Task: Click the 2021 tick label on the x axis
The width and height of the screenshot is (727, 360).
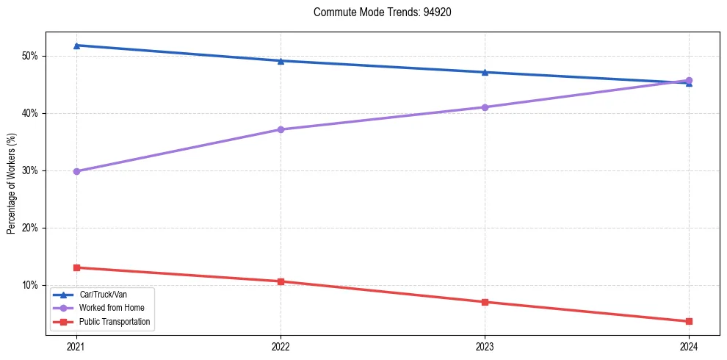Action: [76, 346]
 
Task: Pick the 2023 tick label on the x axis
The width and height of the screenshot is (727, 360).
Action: [485, 346]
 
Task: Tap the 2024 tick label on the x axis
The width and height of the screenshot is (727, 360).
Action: [689, 346]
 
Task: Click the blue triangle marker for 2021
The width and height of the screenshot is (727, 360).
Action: [76, 46]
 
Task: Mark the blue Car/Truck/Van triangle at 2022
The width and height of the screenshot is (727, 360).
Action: [281, 61]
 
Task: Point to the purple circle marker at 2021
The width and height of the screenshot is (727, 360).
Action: [76, 171]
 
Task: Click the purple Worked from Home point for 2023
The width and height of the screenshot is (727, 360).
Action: [485, 107]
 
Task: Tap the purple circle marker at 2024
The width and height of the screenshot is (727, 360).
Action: [689, 81]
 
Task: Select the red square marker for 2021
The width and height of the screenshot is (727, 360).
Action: [76, 267]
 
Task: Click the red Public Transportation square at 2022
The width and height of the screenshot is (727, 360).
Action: [281, 281]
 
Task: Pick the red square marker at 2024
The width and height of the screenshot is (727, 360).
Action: [689, 321]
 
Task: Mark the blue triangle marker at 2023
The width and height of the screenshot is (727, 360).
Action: [485, 72]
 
